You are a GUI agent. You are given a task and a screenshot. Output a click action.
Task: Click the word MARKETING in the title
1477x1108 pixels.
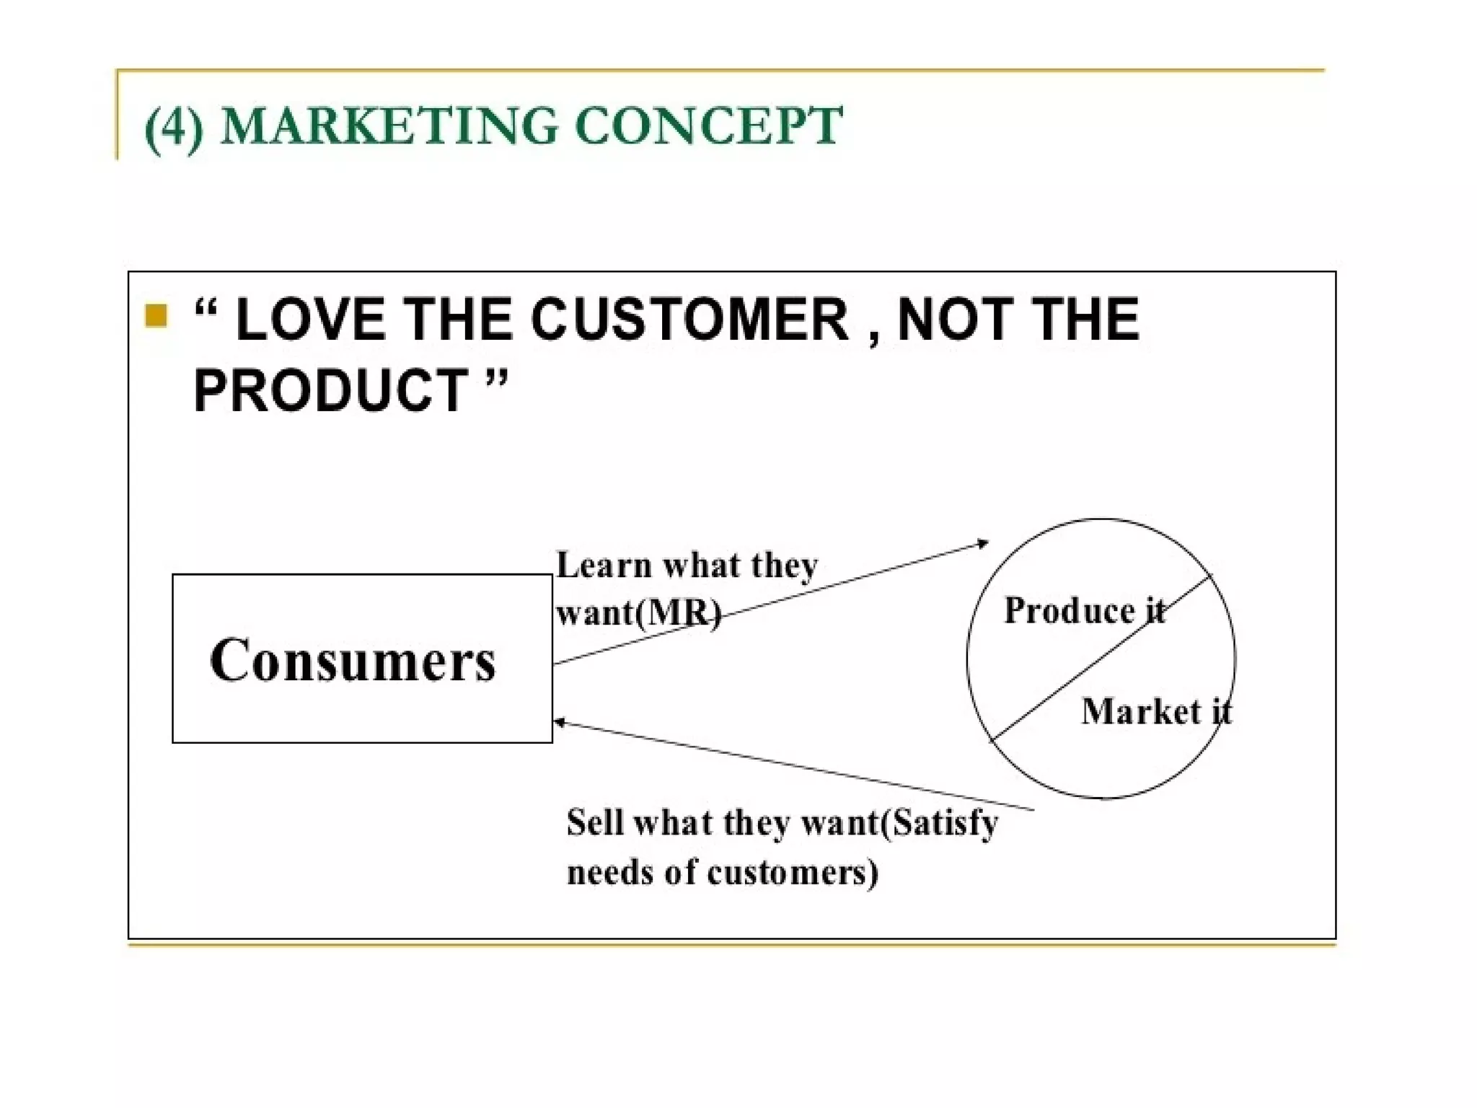(389, 126)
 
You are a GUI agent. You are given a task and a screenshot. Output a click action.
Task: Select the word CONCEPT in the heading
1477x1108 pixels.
(709, 126)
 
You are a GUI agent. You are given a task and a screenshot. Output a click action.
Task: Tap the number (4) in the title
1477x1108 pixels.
(174, 127)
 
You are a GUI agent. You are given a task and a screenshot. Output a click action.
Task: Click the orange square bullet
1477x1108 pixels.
(156, 316)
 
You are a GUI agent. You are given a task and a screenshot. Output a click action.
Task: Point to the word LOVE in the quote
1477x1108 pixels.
(311, 320)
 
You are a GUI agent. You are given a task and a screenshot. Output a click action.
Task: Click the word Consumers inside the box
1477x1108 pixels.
(353, 660)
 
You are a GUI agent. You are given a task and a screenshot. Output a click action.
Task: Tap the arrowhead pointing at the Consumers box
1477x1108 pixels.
(558, 721)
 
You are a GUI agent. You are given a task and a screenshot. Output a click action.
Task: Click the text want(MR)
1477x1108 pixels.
(638, 613)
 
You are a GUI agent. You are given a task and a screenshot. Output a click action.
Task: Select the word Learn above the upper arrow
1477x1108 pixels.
(604, 565)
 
